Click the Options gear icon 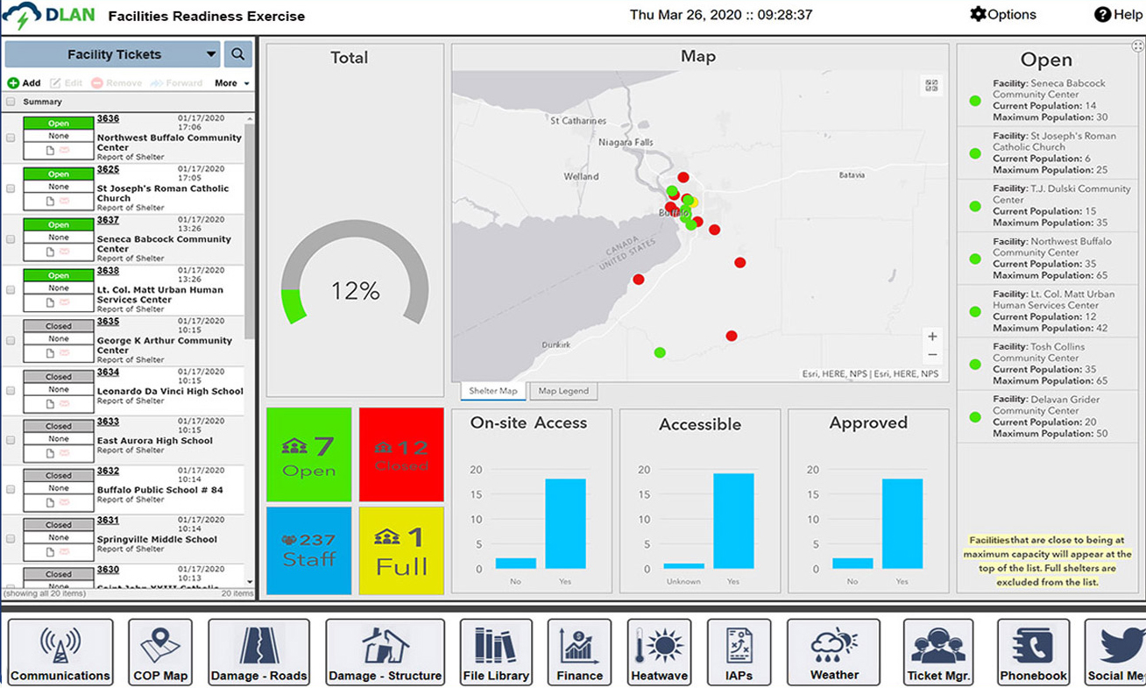click(x=978, y=14)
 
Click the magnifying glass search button click(x=237, y=54)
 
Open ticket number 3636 click(x=108, y=119)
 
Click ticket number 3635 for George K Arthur click(x=108, y=322)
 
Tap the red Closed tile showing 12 click(x=401, y=454)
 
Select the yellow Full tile click(x=401, y=550)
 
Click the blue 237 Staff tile click(x=308, y=550)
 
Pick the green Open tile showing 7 click(x=308, y=454)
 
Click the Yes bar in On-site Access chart click(x=565, y=523)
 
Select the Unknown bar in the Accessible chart click(x=683, y=566)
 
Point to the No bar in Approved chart click(x=852, y=564)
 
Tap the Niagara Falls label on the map click(x=626, y=142)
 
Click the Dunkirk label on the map click(x=555, y=345)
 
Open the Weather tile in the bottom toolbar click(x=833, y=652)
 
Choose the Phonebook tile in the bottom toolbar click(x=1033, y=652)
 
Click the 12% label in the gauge click(x=355, y=291)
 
